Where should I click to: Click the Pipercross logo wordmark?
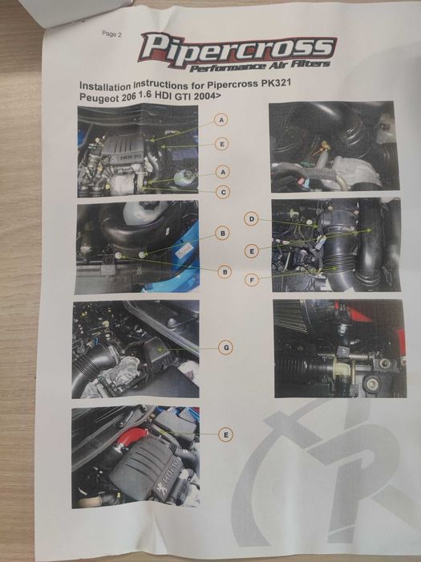click(x=237, y=47)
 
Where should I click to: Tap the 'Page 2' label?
click(x=112, y=34)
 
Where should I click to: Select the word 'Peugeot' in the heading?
click(x=102, y=96)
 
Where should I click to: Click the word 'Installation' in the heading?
click(x=109, y=83)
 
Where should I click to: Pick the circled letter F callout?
click(x=253, y=280)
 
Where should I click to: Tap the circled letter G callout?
click(x=228, y=347)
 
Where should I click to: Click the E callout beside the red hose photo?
click(x=228, y=434)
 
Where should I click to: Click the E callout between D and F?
click(x=252, y=251)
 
